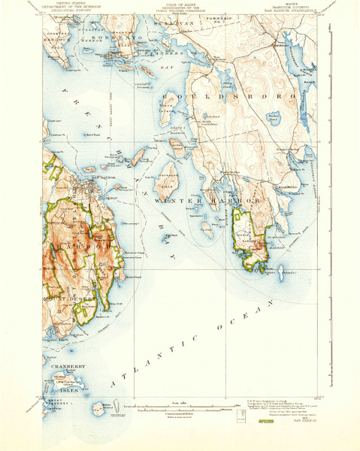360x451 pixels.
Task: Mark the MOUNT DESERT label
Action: click(x=71, y=298)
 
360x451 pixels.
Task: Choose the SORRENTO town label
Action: click(x=113, y=37)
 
